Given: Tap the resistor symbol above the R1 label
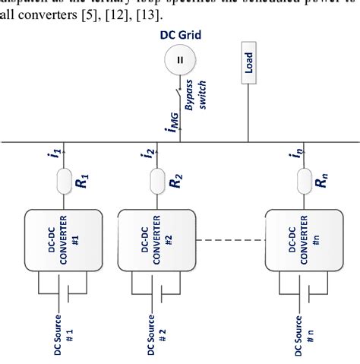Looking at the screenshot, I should coord(64,180).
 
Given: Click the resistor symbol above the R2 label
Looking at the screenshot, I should coord(157,180).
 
